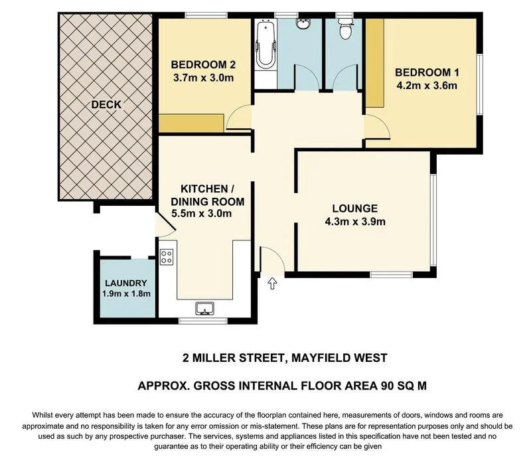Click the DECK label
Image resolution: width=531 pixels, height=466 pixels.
pos(106,104)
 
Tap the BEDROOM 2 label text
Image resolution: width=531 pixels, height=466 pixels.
pos(203,65)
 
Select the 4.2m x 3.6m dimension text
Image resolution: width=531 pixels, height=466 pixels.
pos(427,86)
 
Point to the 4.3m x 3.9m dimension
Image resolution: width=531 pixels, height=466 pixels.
pos(355,222)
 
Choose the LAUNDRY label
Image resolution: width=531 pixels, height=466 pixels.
pos(125,283)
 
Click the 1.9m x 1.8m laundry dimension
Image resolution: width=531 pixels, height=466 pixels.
pos(125,294)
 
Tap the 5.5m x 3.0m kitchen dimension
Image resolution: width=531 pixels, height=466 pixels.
pos(201,214)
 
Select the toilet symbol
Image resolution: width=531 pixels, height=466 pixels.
pos(344,30)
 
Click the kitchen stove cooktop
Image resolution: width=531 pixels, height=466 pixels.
pos(167,256)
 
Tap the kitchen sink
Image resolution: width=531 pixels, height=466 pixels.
pos(205,308)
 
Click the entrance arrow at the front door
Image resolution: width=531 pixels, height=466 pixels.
pos(271,284)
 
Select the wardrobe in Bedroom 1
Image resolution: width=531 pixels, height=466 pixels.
pos(376,63)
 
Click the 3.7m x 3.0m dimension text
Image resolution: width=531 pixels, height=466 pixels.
pos(203,78)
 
